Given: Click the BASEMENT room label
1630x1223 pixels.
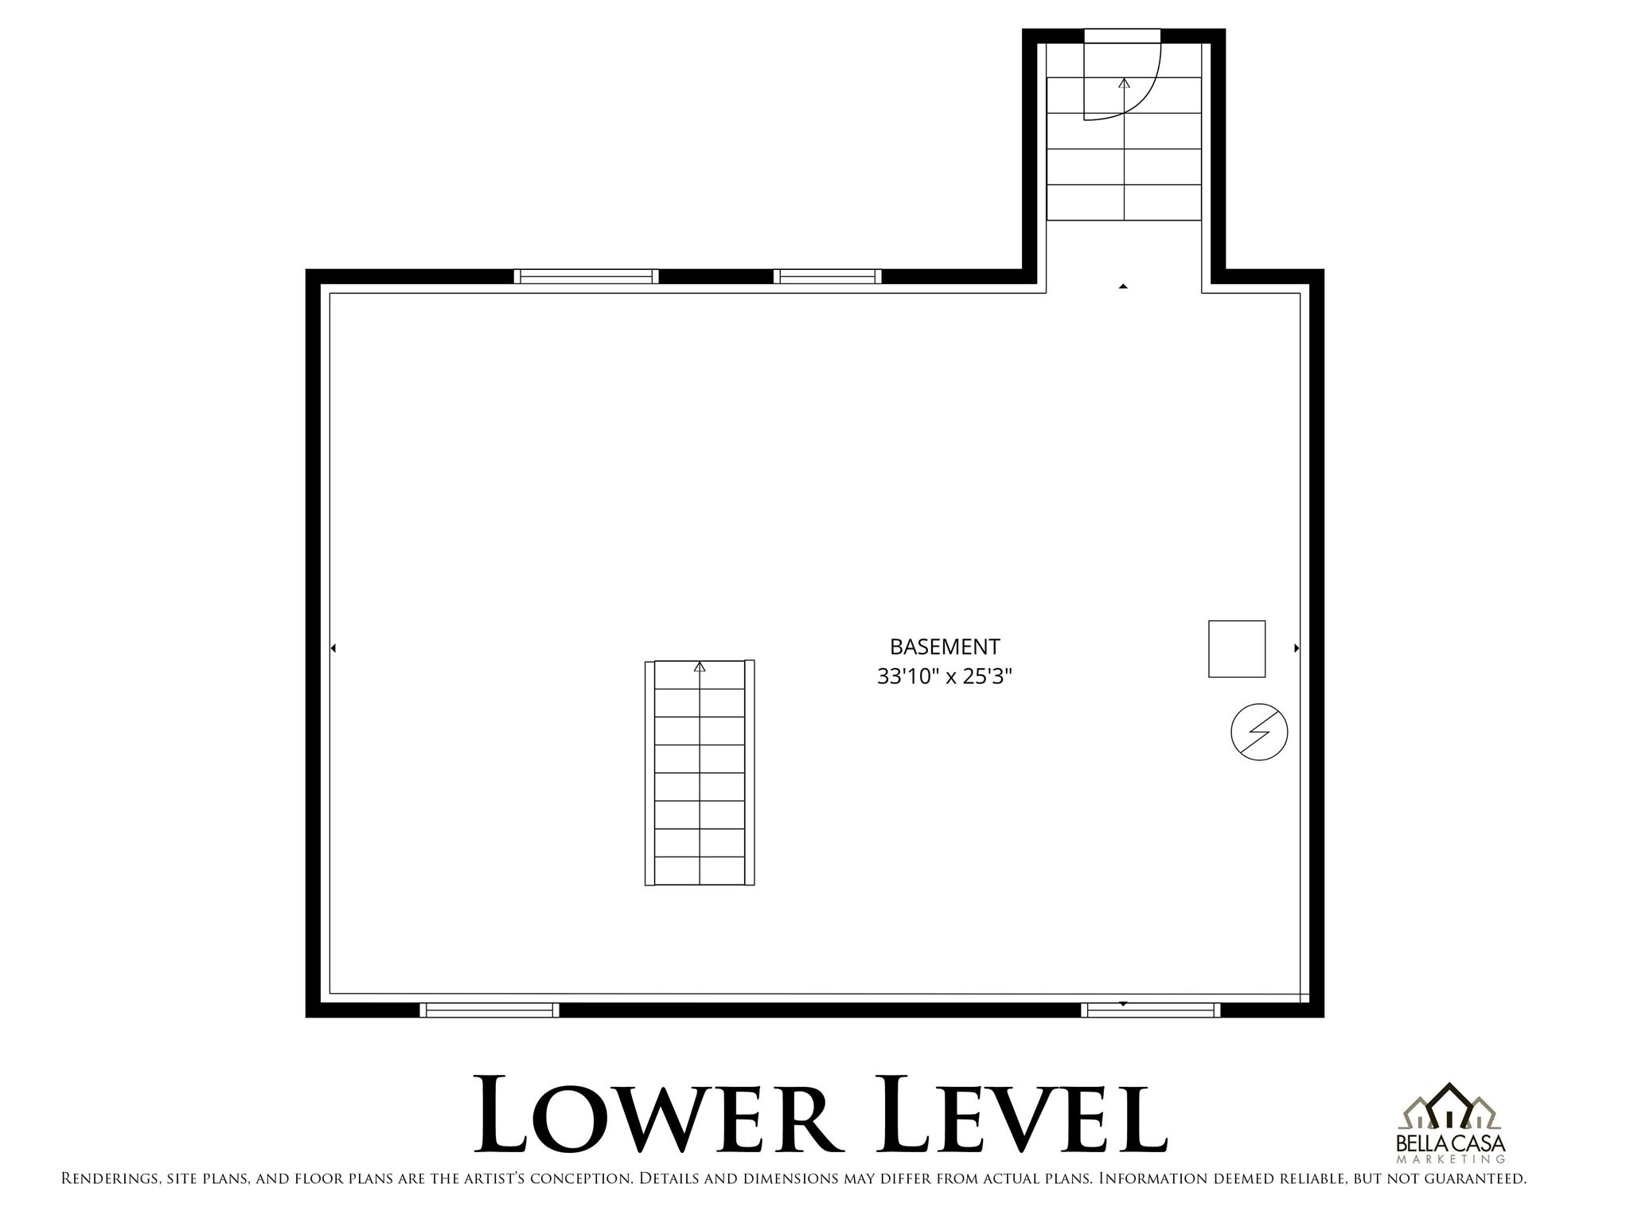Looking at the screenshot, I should point(944,646).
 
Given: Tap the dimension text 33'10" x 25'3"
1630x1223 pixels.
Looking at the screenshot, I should point(944,677).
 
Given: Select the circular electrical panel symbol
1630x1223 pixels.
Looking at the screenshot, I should point(1259,732).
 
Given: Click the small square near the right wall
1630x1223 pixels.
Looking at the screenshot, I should point(1236,648).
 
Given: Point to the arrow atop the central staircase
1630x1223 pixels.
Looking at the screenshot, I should point(700,666).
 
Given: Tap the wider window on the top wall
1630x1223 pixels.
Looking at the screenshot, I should point(586,276).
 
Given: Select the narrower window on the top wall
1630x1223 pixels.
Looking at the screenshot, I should point(828,276).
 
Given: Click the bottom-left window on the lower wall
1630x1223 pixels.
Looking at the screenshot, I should point(489,1010).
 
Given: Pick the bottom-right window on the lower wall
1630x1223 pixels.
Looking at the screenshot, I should point(1151,1010).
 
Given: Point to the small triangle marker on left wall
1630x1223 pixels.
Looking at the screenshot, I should point(333,648).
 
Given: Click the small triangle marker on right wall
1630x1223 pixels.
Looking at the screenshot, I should point(1297,648).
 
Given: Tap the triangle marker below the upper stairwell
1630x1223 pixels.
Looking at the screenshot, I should point(1123,286).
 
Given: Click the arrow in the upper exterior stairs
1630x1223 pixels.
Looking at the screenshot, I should point(1124,83).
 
